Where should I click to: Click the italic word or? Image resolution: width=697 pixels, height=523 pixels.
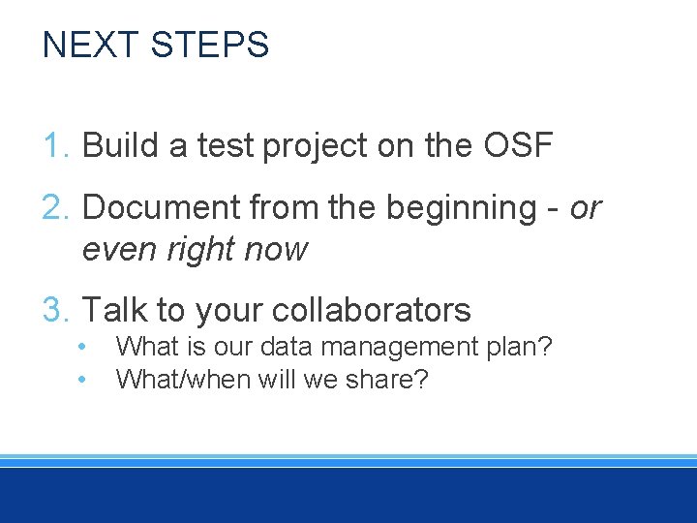[x=586, y=208]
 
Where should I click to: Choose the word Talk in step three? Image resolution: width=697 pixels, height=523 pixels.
[x=114, y=310]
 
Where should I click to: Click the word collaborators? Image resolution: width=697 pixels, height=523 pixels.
[x=372, y=310]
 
